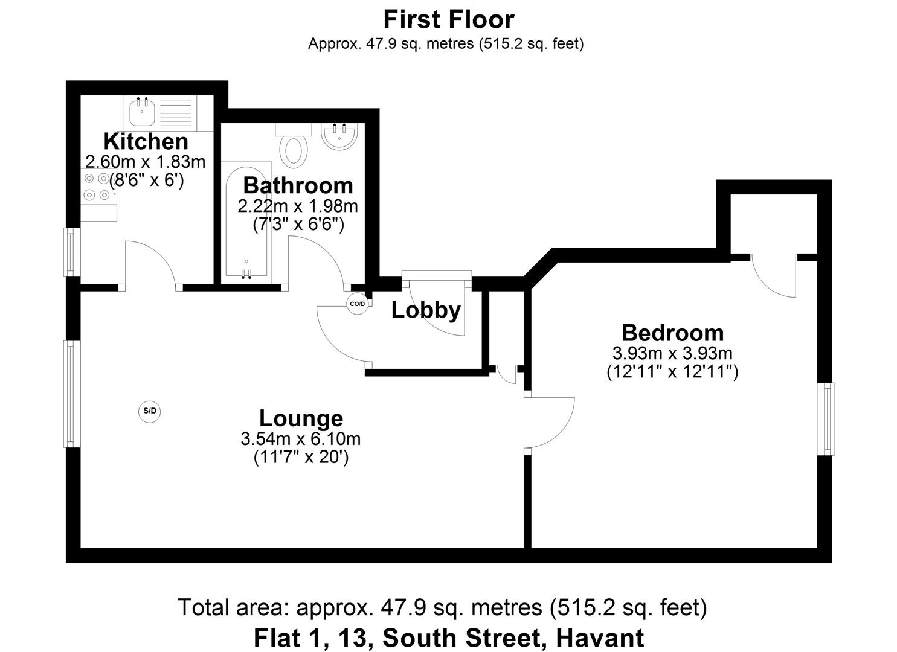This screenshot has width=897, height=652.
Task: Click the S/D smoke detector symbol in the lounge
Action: coord(150,412)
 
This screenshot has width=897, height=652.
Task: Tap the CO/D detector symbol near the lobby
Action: coord(357,304)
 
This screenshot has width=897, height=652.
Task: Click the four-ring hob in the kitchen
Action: coord(97,187)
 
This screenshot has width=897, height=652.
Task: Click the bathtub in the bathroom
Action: coord(246,222)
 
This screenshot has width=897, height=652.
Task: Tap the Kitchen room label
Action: coord(146,141)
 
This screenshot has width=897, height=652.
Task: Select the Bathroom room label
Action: coord(298,185)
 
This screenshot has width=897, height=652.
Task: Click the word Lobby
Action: coord(426,310)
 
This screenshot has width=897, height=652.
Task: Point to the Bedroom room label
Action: coord(672,333)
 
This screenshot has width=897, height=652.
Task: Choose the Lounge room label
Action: coord(301,418)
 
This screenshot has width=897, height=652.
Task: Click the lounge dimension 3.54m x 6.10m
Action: coord(300,439)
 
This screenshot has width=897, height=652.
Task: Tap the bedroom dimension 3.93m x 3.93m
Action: coord(672,353)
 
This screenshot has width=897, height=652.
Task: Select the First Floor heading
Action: coord(448,19)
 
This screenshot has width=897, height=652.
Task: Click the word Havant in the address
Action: coord(599,638)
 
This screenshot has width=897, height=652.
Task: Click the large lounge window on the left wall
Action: coord(72,394)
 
